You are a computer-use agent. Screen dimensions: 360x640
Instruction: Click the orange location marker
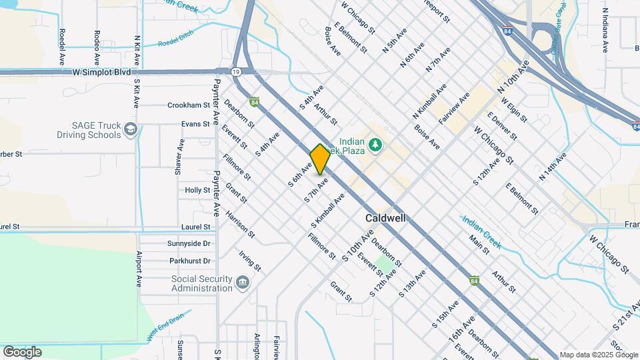tap(320, 159)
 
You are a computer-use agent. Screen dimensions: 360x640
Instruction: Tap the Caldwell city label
tap(385, 219)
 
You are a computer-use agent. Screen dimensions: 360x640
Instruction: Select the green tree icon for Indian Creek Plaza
tap(375, 144)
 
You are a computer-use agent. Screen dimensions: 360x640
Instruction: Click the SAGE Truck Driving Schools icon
tap(131, 128)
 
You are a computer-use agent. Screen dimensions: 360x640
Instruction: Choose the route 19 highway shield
tap(236, 71)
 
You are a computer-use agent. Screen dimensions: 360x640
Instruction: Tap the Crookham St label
tap(189, 105)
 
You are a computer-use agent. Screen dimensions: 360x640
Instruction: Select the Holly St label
tap(197, 190)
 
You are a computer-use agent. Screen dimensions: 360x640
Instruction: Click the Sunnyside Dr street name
tap(189, 244)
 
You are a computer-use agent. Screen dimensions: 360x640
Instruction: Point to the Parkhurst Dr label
tap(189, 261)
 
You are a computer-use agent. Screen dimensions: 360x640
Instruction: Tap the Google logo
tap(22, 352)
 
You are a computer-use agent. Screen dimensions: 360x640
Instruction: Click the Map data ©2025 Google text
tap(598, 355)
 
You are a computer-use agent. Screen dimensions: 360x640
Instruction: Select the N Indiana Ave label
tap(605, 30)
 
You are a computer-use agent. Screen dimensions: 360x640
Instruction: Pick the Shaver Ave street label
tap(179, 157)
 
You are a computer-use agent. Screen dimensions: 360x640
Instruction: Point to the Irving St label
tap(250, 262)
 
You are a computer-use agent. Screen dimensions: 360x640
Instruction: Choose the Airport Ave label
tap(139, 269)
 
